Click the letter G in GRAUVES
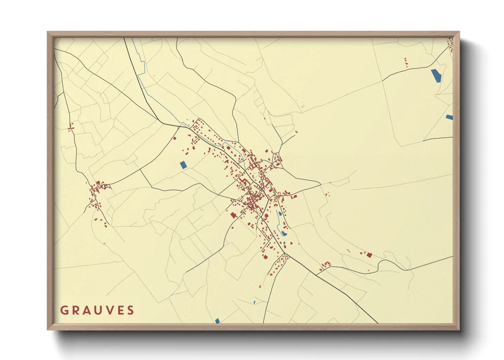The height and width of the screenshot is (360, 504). click(64, 310)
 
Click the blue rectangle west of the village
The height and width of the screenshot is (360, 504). click(183, 165)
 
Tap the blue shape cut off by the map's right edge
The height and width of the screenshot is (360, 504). click(450, 117)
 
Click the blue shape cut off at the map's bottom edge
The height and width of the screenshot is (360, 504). click(217, 321)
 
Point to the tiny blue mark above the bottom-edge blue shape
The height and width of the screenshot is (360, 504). click(254, 302)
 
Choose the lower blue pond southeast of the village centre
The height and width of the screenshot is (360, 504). click(284, 233)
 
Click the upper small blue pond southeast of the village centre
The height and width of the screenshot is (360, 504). click(280, 214)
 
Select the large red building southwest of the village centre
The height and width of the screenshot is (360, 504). click(234, 215)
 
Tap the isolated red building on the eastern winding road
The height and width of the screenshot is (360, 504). click(369, 255)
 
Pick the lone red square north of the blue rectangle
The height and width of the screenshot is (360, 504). click(175, 138)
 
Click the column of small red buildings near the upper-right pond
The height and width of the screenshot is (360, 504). click(406, 62)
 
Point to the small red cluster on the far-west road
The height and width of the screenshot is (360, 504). click(71, 128)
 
